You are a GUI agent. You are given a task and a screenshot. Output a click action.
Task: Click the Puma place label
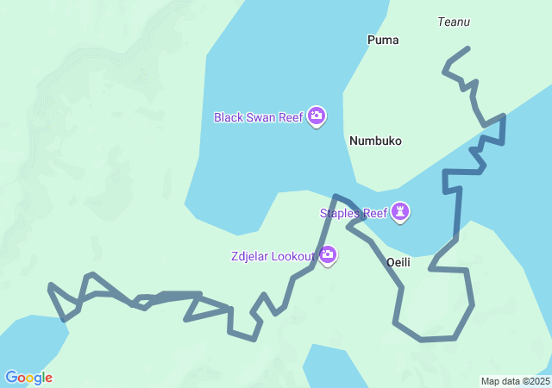point(383,40)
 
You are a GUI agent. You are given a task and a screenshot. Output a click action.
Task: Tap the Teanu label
point(453,22)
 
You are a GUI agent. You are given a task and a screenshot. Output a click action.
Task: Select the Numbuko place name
point(375,141)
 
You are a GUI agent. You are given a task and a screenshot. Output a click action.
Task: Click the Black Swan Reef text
point(258,117)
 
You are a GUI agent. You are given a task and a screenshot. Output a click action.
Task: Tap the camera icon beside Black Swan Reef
point(317,116)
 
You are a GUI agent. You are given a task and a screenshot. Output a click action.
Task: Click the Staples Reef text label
point(353,213)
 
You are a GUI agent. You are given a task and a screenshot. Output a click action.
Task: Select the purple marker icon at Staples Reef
point(400,211)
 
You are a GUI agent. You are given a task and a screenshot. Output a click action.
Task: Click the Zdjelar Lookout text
point(273,256)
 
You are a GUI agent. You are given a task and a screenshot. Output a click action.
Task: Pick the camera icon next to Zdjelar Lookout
point(328,254)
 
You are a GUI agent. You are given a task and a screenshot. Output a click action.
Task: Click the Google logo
point(28,378)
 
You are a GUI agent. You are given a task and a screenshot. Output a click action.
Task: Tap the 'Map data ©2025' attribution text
point(515,381)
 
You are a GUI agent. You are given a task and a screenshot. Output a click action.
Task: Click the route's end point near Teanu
point(468,48)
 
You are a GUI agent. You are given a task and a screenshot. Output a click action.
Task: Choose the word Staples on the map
point(339,213)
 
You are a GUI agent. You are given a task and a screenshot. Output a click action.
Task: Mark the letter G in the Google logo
point(11,378)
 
